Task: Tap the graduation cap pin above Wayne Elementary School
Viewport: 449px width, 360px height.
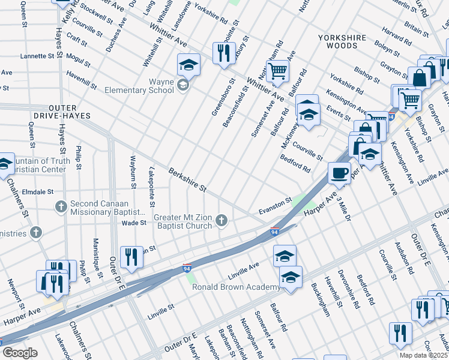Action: (x=188, y=64)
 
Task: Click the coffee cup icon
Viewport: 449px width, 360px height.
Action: (x=339, y=173)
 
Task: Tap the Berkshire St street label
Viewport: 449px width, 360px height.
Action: (x=187, y=179)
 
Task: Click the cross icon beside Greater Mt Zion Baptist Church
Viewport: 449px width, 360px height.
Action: (x=221, y=221)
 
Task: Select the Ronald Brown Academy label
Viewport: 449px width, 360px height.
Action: (x=235, y=287)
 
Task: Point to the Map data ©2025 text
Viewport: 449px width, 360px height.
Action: (x=423, y=355)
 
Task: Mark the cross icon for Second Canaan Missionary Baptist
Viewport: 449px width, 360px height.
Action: (x=61, y=207)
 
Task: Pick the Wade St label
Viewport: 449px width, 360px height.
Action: (x=134, y=223)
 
